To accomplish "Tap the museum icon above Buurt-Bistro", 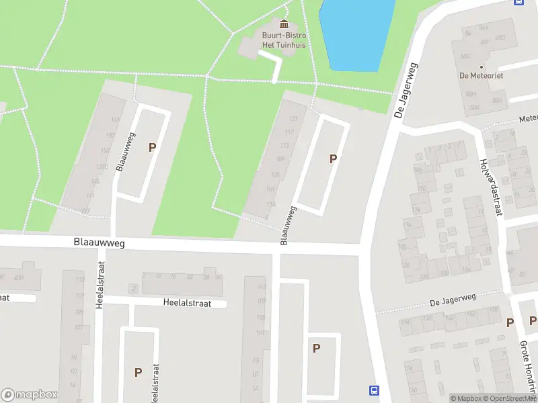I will click(x=283, y=25).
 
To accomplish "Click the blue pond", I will click(x=349, y=34).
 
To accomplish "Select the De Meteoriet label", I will click(x=477, y=75).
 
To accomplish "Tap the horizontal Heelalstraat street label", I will click(x=187, y=303).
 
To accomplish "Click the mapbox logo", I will click(x=30, y=395).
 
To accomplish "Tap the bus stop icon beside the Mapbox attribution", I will click(x=374, y=390).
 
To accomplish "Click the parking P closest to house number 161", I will click(x=152, y=147).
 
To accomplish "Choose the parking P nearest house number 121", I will click(x=332, y=159).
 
